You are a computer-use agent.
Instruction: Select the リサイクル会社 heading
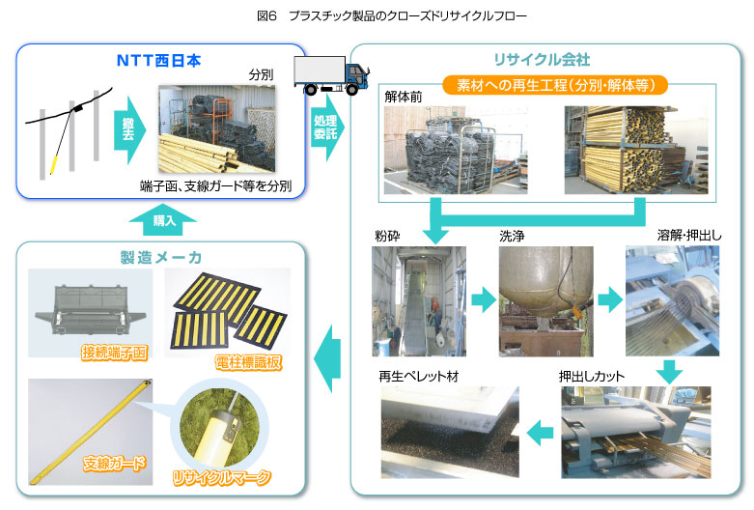click(x=548, y=60)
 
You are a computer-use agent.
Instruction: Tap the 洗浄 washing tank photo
click(x=545, y=300)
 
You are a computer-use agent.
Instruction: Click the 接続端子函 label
click(x=113, y=353)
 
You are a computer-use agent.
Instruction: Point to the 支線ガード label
click(x=114, y=463)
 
